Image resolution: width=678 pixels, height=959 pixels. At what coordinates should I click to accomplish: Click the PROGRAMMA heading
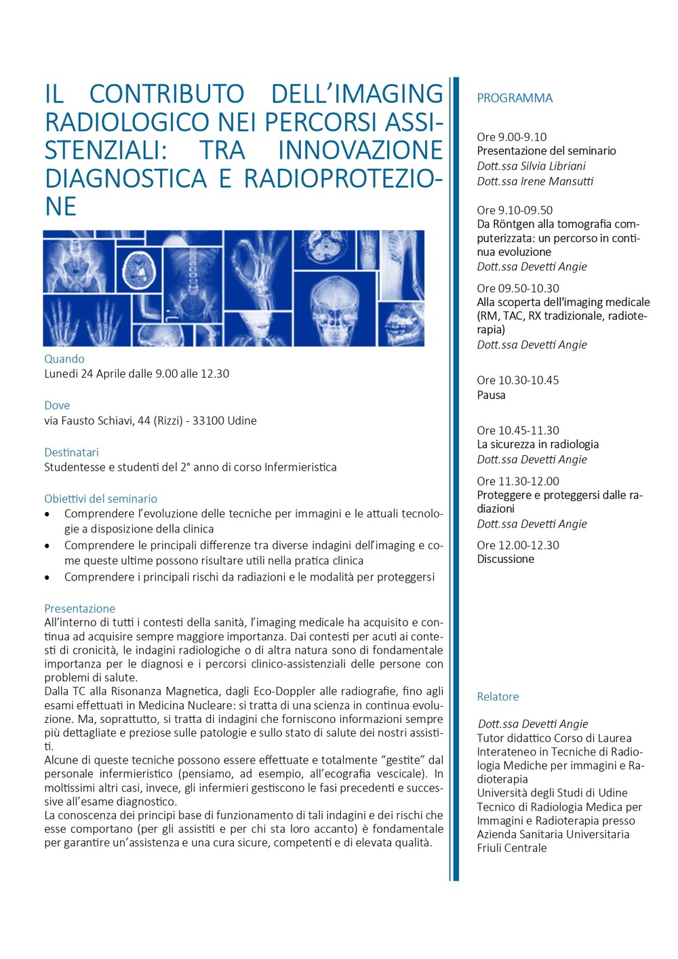point(515,98)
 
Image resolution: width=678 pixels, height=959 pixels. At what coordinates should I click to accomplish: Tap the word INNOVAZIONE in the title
point(360,150)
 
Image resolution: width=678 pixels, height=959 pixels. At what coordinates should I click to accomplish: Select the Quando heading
point(64,359)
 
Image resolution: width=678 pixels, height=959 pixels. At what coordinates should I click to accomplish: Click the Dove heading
point(57,406)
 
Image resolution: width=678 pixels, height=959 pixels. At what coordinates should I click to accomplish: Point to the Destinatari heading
point(71,452)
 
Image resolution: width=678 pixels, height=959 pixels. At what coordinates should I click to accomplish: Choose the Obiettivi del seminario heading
point(100,498)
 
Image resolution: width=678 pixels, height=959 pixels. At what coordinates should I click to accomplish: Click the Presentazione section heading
point(79,608)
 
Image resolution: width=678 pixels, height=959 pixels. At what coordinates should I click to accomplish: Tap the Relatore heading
point(498,697)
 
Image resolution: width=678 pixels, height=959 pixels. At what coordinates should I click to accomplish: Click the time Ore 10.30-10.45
point(518,380)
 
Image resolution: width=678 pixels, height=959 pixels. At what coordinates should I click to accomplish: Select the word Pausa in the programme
point(491,395)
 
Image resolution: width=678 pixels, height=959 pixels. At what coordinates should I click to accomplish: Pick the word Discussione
point(505,559)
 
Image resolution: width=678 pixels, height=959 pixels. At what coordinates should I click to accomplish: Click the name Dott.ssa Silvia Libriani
point(531,166)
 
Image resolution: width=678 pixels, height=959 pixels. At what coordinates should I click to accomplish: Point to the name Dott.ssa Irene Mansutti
point(535,181)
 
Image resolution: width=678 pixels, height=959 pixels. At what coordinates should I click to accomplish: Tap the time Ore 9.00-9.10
point(511,137)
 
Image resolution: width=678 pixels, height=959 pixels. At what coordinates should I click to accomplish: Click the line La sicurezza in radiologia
point(538,444)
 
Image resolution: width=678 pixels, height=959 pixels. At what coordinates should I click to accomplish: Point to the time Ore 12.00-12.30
point(518,545)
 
